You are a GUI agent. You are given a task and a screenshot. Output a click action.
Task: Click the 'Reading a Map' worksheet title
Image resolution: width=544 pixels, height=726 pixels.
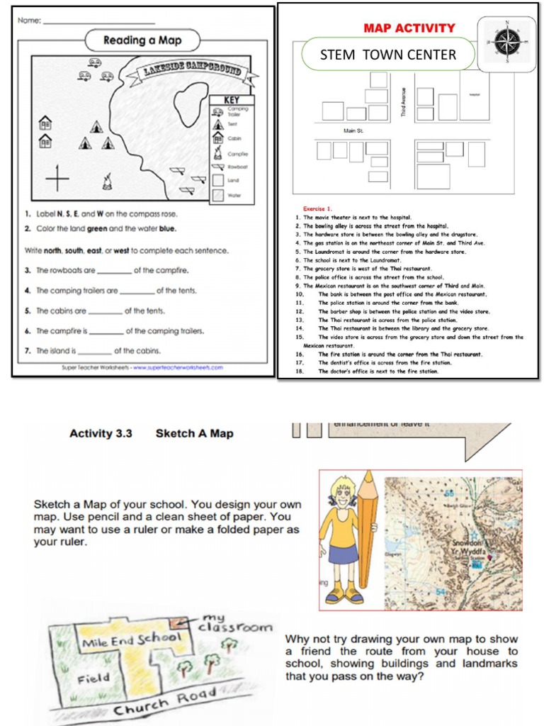(142, 40)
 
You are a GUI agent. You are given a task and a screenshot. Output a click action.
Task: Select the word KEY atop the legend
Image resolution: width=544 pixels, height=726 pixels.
(232, 100)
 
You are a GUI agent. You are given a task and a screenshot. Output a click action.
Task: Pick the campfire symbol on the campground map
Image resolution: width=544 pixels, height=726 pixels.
(107, 182)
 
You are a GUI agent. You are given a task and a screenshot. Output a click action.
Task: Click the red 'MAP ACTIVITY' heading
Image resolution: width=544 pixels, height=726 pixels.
(409, 28)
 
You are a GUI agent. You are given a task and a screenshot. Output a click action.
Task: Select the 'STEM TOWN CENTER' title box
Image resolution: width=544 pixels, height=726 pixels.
(387, 55)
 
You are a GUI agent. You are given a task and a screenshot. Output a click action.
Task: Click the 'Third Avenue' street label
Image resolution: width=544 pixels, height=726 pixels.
(404, 102)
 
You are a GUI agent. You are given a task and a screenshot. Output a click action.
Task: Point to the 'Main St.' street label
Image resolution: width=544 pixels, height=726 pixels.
(353, 131)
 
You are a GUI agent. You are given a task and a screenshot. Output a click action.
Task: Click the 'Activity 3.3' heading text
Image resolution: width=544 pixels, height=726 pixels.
(101, 433)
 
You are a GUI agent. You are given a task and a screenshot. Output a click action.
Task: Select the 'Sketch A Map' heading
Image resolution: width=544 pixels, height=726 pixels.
(194, 433)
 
